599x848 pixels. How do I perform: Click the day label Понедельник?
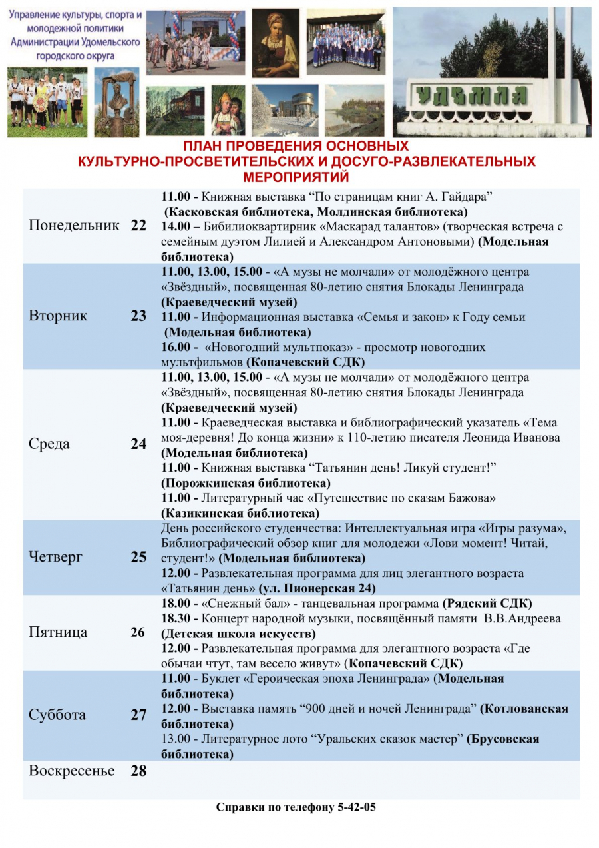click(74, 226)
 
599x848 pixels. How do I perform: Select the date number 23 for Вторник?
click(138, 316)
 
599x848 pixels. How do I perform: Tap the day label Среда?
click(49, 444)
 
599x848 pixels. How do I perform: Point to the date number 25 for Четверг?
click(138, 557)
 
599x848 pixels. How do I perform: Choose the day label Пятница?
click(58, 632)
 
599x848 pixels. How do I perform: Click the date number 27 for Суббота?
click(138, 715)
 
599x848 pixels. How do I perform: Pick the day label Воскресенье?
click(71, 771)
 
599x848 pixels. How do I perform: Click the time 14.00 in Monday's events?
click(176, 227)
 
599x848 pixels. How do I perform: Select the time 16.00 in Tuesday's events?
click(176, 348)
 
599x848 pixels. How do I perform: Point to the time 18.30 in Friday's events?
click(176, 618)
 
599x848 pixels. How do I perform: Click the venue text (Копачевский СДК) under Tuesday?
click(305, 363)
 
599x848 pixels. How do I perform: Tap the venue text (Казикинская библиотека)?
click(240, 514)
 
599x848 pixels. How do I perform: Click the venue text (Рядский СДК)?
click(487, 604)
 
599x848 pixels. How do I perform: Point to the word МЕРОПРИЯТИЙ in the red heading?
click(296, 177)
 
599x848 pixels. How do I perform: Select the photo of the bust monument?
click(116, 103)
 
